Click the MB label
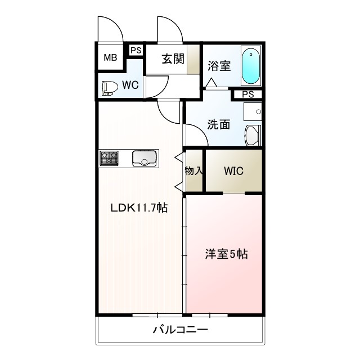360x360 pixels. (110, 57)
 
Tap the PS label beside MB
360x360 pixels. (135, 50)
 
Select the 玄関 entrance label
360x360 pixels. (173, 58)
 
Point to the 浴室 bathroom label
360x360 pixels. (219, 65)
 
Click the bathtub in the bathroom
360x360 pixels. (250, 66)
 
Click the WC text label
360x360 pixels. (130, 85)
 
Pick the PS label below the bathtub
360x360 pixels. (247, 94)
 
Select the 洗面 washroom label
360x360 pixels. (218, 125)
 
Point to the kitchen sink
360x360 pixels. (145, 159)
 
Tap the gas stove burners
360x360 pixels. (109, 158)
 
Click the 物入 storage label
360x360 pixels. (193, 170)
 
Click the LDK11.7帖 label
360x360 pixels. (138, 208)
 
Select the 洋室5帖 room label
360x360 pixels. (225, 254)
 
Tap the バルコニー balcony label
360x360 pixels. (181, 329)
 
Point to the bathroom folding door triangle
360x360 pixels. (211, 83)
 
